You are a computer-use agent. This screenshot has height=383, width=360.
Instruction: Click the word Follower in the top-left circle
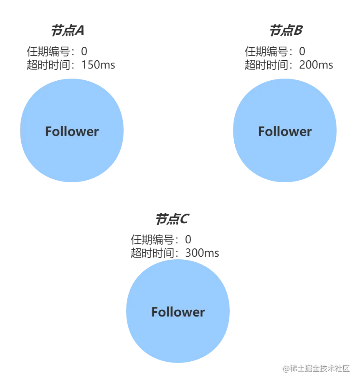72,132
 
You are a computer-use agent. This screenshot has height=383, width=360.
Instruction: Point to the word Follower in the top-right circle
285,132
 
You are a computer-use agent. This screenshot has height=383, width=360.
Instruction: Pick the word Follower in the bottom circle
178,312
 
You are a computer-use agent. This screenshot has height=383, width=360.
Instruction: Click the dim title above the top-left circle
68,30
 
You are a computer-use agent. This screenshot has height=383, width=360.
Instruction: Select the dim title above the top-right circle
285,30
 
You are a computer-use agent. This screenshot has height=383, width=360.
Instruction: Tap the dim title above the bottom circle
172,218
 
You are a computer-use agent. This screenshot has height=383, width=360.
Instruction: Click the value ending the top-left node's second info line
99,66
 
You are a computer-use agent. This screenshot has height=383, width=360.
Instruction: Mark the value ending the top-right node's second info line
315,66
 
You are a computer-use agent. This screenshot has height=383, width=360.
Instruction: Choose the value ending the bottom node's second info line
202,253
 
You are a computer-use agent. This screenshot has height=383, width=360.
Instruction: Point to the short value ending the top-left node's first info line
84,52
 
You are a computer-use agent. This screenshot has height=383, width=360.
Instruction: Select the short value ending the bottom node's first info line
188,240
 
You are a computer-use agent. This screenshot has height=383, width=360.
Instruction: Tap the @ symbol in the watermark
286,368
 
